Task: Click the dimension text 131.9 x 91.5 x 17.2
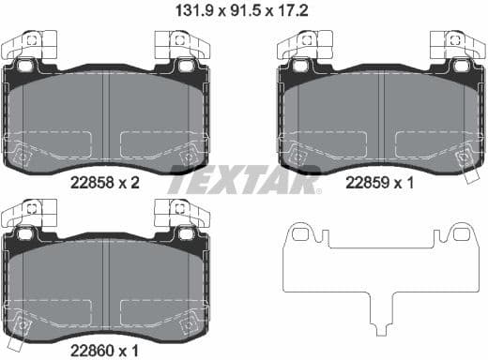point(243,12)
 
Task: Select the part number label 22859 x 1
point(381,185)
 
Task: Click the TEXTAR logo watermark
point(243,181)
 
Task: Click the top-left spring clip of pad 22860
point(33,211)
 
